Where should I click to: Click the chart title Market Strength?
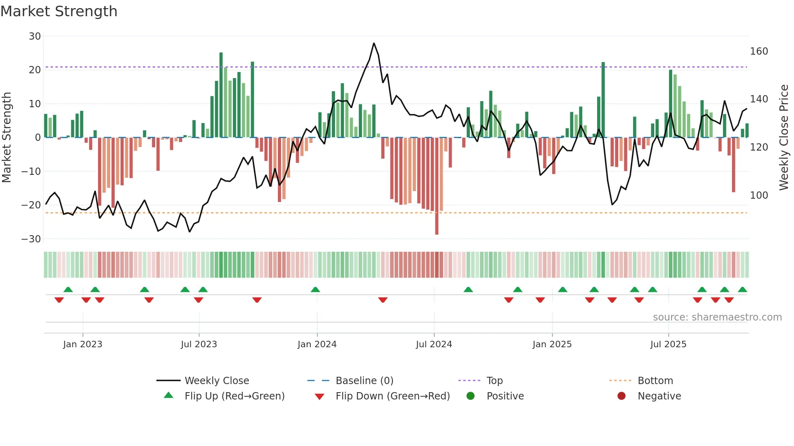(x=59, y=11)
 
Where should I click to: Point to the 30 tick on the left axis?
(x=35, y=36)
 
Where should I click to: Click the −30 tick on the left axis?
(x=31, y=239)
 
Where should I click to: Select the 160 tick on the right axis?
(x=759, y=51)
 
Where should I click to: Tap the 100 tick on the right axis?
(x=759, y=195)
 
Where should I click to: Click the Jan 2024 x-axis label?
(x=317, y=344)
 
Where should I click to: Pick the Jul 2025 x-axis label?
(x=668, y=344)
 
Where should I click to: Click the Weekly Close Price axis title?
(x=784, y=138)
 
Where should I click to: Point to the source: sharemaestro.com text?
(x=717, y=317)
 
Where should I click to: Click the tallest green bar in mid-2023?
(x=221, y=95)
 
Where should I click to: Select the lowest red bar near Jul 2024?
(x=437, y=186)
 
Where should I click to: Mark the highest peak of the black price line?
(x=374, y=43)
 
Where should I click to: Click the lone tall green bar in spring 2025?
(x=603, y=100)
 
